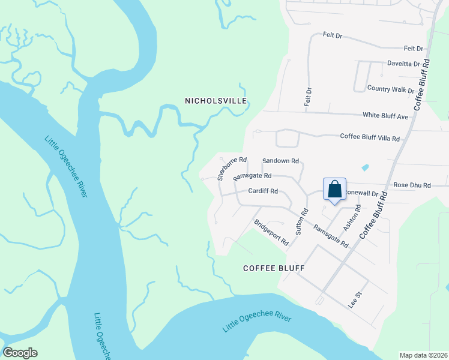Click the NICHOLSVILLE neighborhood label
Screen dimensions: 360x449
coord(216,101)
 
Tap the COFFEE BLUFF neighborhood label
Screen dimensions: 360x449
coord(274,268)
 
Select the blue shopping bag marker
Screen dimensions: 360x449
coord(334,189)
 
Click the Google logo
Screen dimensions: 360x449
coord(20,353)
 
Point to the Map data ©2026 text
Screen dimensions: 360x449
coord(423,355)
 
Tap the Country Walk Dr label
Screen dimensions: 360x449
coord(391,89)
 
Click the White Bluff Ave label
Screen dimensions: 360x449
coord(385,115)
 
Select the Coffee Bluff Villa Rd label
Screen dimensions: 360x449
coord(370,138)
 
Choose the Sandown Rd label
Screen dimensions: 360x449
coord(281,161)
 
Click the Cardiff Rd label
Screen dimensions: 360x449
coord(263,191)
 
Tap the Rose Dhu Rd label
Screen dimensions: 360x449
coord(412,186)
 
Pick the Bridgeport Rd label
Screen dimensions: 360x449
coord(271,233)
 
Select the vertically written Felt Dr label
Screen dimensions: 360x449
coord(308,98)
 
